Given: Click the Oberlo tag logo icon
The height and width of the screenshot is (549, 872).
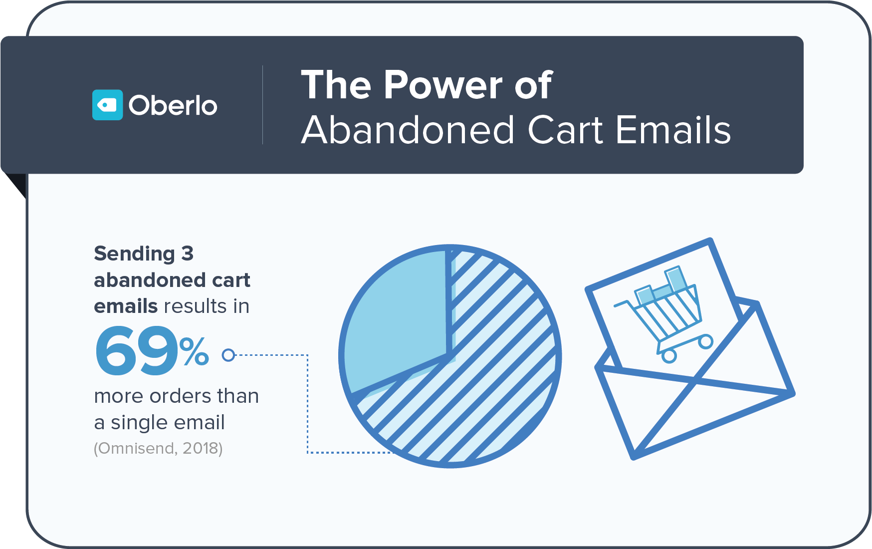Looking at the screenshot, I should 107,105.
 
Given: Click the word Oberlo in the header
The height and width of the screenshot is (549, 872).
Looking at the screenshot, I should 173,105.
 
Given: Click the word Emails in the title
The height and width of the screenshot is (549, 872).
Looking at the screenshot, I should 673,130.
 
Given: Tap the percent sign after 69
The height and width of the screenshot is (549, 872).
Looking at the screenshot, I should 194,351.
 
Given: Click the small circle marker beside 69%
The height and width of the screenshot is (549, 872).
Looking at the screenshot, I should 228,355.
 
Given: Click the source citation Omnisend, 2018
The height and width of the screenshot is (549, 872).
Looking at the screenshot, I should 158,448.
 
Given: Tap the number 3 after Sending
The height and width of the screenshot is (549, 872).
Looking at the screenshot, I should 187,254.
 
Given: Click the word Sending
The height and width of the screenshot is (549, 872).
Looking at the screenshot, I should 134,254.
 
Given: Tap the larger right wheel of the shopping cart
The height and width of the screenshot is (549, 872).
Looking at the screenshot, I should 705,342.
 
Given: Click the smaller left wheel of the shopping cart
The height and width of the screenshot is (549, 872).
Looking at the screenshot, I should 669,356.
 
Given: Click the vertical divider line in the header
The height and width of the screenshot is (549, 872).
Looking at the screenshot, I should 263,105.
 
